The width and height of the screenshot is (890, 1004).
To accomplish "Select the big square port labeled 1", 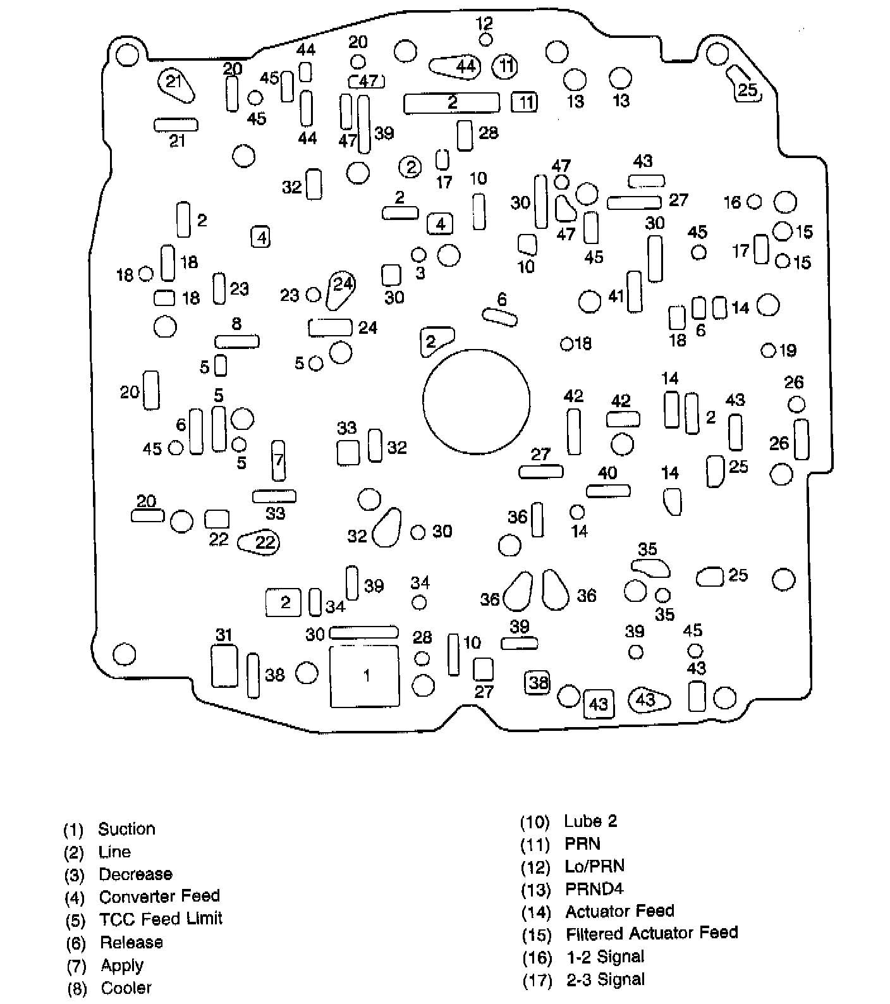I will [x=365, y=676].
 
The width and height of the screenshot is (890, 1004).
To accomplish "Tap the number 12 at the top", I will [x=484, y=24].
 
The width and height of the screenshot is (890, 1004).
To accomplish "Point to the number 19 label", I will [x=788, y=350].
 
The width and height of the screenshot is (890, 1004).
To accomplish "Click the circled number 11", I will [x=505, y=66].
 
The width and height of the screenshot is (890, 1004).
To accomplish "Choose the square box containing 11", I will [x=525, y=102].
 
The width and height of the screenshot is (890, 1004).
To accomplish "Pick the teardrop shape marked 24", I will [x=341, y=288].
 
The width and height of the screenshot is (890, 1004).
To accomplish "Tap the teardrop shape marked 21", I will [x=175, y=83].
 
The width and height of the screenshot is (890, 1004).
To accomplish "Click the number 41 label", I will [x=616, y=295].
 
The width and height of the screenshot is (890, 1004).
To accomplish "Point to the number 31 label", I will [x=224, y=635].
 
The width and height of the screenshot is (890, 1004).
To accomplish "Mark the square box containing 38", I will [x=538, y=682].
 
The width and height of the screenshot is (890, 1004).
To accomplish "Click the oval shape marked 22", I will [x=259, y=542].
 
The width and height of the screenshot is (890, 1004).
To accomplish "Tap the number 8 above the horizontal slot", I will [x=236, y=324].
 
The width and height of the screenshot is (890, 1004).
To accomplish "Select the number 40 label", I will [x=607, y=473].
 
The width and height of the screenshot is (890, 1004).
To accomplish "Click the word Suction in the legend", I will [x=126, y=829].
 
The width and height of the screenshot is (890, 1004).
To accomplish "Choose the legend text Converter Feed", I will [x=159, y=897].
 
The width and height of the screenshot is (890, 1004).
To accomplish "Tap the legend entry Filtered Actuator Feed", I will [x=651, y=933].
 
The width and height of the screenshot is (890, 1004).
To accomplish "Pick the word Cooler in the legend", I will [x=126, y=988].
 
